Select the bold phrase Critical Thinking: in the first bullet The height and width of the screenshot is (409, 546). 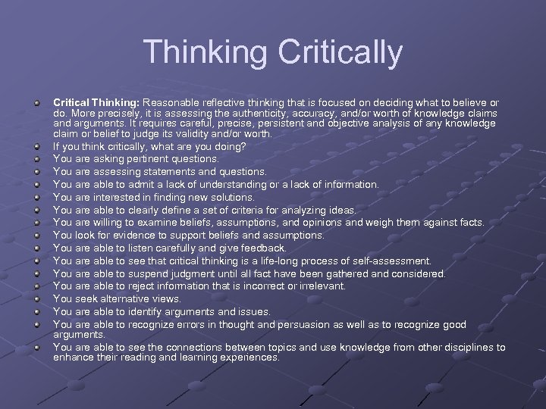96,102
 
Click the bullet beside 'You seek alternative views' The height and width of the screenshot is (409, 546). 36,299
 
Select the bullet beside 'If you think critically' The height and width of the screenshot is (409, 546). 36,146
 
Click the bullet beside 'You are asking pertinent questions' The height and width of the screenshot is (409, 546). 36,159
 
